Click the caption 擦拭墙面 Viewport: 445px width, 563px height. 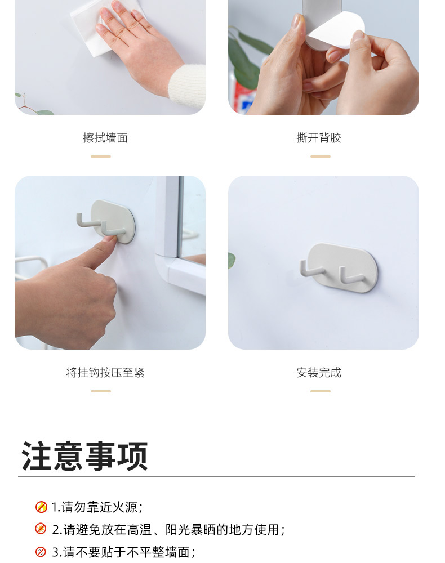105,138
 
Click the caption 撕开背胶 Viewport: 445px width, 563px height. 319,138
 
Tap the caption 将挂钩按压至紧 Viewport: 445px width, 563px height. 105,373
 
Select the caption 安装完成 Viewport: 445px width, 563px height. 319,373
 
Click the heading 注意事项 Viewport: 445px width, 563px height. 84,456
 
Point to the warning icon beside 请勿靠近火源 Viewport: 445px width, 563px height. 41,507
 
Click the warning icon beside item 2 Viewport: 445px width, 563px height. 41,529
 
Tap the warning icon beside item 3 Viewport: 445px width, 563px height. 41,552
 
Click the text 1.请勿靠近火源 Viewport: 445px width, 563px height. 97,507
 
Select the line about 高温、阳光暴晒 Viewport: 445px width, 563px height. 168,530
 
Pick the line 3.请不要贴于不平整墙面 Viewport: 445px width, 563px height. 123,552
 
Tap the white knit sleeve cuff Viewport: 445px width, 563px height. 188,86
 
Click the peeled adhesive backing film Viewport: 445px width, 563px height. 336,30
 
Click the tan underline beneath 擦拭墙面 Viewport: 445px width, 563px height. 101,157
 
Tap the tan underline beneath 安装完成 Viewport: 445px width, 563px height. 321,391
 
